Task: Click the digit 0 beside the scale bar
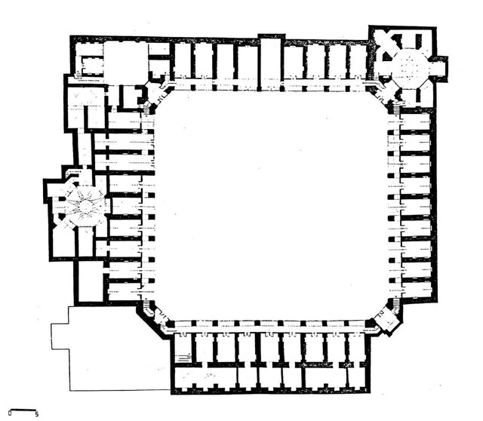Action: click(x=10, y=413)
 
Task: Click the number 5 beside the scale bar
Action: click(x=37, y=414)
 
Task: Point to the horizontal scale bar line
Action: click(x=23, y=410)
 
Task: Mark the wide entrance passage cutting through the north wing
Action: click(x=270, y=63)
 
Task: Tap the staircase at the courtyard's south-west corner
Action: click(x=147, y=306)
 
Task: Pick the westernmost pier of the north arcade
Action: click(x=193, y=88)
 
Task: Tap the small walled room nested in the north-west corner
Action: click(x=91, y=65)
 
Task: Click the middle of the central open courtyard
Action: click(x=270, y=204)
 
